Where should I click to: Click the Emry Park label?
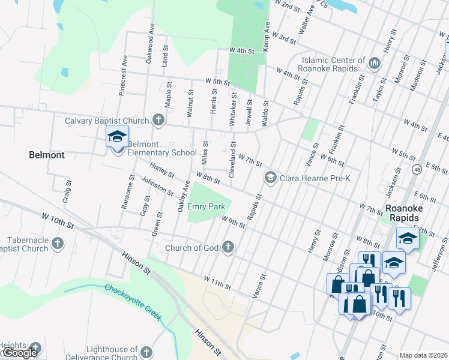[x=206, y=206]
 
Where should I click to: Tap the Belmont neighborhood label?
[x=47, y=155]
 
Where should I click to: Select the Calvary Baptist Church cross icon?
[x=158, y=121]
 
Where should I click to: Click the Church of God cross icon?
[x=228, y=247]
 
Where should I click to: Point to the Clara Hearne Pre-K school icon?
[x=270, y=178]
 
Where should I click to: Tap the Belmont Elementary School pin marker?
[x=117, y=137]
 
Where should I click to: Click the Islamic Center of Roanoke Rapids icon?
[x=375, y=63]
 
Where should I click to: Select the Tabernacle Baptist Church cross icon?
[x=57, y=243]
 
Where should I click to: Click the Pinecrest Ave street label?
[x=123, y=76]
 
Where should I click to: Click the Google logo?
[x=19, y=353]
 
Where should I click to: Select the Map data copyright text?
[x=423, y=355]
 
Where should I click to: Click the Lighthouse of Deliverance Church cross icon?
[x=147, y=352]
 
